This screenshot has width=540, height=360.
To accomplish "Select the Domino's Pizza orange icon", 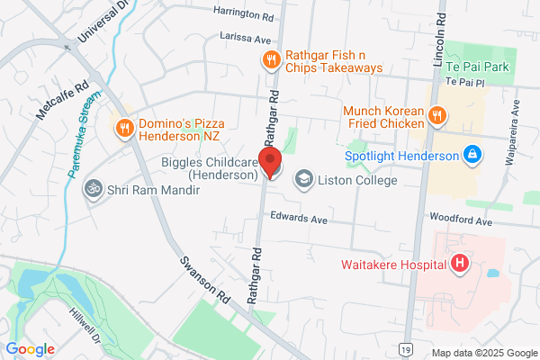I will pos(124,129).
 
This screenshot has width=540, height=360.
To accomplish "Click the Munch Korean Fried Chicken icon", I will pos(436,114).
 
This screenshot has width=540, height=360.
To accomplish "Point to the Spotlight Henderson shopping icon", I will pos(471,155).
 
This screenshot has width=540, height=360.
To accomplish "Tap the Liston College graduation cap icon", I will pos(302,180).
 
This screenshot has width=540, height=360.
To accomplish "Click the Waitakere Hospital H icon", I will pos(460,264).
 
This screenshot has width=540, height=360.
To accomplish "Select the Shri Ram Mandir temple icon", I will pos(89,189).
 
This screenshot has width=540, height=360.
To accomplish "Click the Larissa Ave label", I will pos(246,38).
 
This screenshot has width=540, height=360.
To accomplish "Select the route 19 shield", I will pos(408,348).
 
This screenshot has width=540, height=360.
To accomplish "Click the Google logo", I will pos(31,348).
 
